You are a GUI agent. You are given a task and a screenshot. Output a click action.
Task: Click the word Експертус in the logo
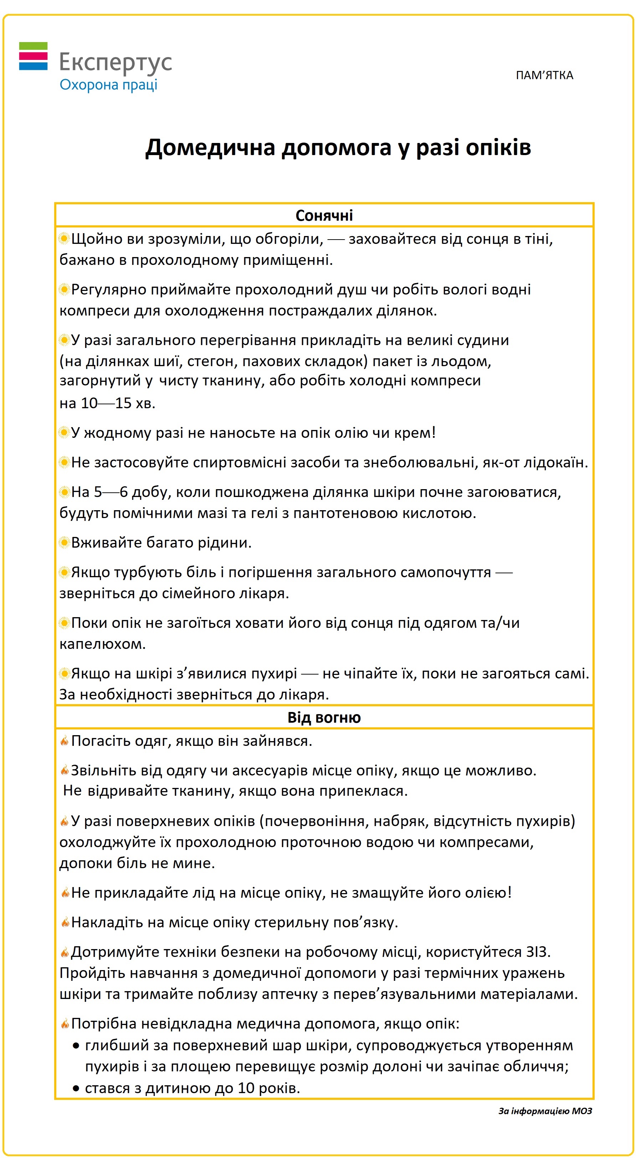[x=116, y=62]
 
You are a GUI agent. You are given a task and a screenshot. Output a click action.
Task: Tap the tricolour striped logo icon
[x=33, y=56]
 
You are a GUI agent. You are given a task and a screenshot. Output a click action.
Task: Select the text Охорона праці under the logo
[x=108, y=84]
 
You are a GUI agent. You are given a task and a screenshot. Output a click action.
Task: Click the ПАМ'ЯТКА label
[x=544, y=75]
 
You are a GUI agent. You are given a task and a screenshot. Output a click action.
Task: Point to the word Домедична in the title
[x=210, y=148]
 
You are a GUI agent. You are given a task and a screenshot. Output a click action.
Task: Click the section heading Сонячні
[x=324, y=215]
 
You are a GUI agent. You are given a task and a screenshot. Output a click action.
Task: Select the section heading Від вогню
[x=324, y=717]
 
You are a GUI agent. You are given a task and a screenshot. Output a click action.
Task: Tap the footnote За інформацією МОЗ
[x=545, y=1111]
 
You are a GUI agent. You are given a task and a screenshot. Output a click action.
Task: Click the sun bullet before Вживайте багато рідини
[x=64, y=543]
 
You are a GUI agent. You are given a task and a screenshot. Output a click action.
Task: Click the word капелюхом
[x=102, y=644]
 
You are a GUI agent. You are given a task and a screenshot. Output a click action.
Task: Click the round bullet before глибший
[x=76, y=1046]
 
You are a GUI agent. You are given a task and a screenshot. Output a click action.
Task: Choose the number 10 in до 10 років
[x=246, y=1088]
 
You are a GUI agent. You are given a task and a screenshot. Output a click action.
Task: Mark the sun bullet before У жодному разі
[x=64, y=432]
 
